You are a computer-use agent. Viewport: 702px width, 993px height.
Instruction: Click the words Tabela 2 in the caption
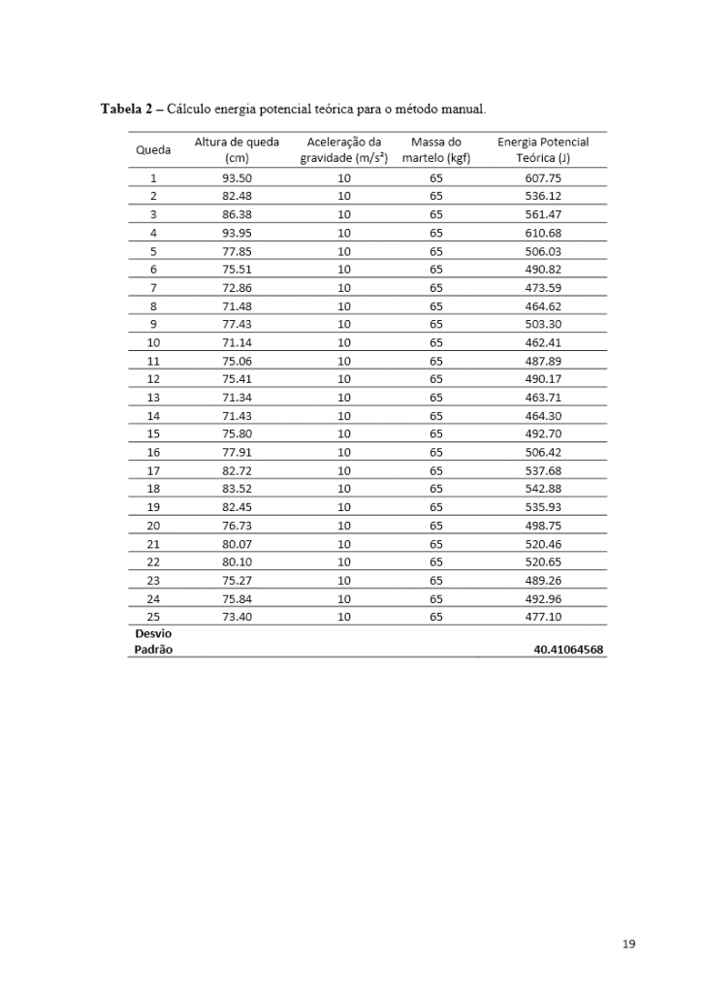130,109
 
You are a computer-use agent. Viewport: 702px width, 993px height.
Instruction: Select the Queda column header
153,150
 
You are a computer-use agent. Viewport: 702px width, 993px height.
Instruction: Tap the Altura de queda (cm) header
237,149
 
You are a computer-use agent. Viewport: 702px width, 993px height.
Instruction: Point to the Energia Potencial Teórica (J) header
543,149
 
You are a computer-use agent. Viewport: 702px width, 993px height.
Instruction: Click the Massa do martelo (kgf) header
435,149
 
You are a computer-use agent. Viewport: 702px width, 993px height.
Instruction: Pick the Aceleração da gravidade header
343,149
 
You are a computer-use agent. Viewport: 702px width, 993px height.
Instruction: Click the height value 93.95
237,233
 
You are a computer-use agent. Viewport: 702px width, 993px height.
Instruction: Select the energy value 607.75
543,178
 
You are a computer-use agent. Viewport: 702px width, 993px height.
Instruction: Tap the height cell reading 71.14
237,342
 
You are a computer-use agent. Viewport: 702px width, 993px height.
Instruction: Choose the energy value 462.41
543,342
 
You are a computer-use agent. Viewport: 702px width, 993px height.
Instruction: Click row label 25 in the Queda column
153,616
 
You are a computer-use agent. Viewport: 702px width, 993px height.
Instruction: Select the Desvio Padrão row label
153,641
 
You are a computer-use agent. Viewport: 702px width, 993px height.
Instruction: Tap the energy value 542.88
543,488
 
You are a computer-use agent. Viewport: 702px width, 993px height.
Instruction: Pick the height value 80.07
237,543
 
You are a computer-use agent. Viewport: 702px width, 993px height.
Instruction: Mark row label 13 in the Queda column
153,398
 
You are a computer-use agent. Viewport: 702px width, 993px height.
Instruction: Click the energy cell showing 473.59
543,288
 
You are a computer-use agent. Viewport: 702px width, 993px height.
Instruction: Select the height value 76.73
237,525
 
